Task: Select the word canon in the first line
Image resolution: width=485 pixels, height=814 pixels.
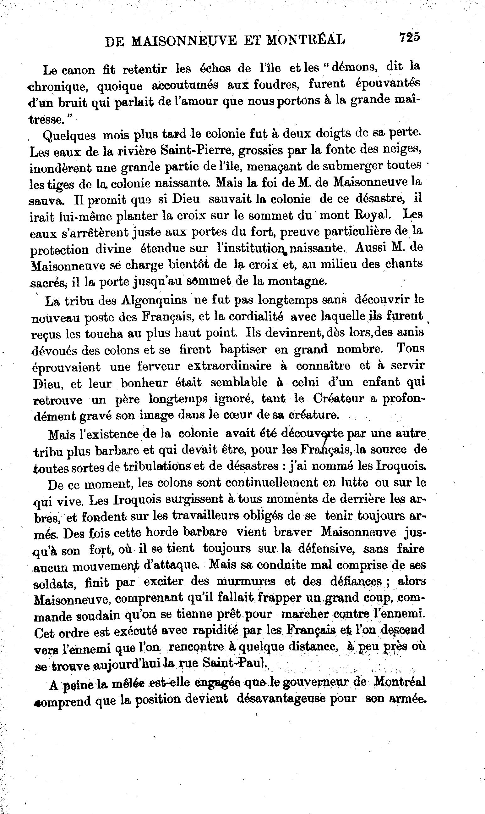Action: [x=78, y=70]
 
